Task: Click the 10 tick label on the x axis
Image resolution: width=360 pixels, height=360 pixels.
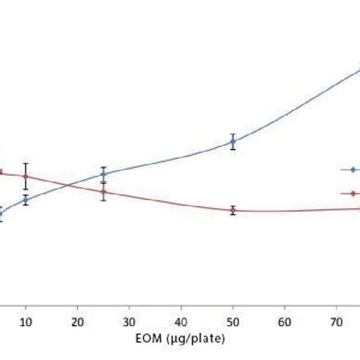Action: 26,321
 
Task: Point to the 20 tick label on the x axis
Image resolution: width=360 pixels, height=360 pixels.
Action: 77,321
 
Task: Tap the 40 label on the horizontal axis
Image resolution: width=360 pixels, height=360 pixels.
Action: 182,321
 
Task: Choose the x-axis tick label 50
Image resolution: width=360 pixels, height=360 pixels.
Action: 233,321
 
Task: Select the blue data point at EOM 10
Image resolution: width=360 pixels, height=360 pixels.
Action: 26,200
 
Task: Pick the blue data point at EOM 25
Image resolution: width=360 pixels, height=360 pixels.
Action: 103,174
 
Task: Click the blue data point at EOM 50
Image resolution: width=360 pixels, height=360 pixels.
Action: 233,141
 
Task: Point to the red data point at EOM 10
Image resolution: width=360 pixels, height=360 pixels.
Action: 26,176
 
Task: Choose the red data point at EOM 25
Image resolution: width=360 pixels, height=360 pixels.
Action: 103,191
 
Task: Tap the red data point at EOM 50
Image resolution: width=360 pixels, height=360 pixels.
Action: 233,210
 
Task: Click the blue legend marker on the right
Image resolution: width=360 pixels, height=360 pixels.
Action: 352,169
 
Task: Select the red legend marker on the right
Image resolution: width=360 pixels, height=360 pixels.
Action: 352,193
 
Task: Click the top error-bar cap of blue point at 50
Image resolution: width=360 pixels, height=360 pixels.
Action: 233,134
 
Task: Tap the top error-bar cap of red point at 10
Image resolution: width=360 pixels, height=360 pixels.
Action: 26,163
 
